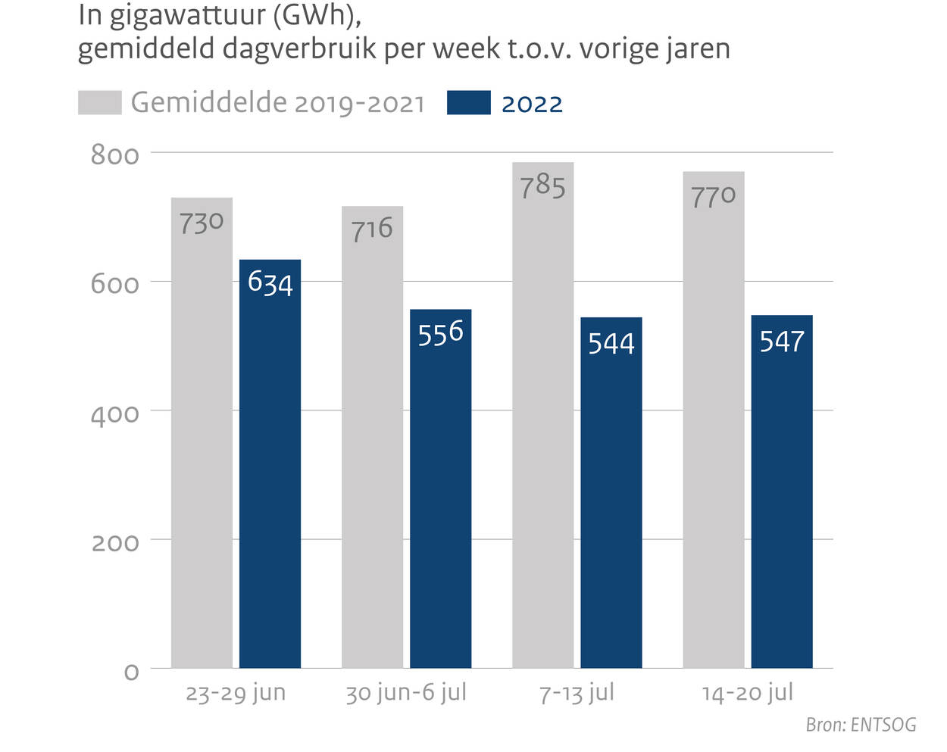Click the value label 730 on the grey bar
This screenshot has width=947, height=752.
202,223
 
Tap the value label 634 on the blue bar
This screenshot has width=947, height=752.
270,283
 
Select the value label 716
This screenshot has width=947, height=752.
372,229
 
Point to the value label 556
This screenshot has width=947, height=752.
440,332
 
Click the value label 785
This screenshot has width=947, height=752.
542,186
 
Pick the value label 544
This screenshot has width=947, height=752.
611,343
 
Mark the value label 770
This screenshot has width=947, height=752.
713,196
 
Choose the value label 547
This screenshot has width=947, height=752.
782,342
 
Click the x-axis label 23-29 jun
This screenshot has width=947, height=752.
236,693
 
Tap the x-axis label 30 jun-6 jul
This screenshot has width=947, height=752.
406,693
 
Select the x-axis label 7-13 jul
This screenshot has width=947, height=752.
577,693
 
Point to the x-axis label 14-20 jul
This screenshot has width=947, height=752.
748,693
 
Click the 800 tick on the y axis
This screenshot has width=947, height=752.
115,155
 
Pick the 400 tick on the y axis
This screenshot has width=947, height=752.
115,414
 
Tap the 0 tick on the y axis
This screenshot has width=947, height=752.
132,672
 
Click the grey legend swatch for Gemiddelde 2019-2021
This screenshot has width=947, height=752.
99,103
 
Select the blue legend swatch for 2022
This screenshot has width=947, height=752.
468,103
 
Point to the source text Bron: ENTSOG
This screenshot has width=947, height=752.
861,725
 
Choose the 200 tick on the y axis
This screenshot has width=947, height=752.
115,543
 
